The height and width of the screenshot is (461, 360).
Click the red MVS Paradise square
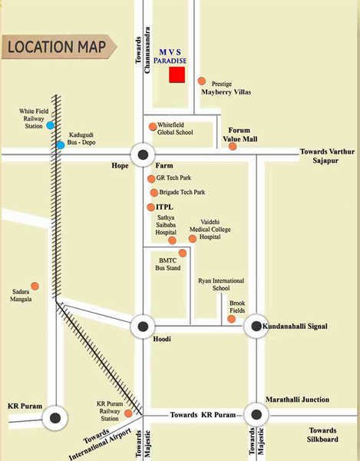tap(177, 75)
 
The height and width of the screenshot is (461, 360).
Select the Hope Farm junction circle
tap(142, 154)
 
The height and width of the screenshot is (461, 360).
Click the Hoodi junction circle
tap(142, 327)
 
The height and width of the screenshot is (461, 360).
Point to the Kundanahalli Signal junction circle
tap(256, 327)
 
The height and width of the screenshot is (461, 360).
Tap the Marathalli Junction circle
tap(256, 414)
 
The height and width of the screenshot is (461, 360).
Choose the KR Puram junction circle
tap(54, 419)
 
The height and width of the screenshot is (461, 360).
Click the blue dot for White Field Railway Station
tap(50, 125)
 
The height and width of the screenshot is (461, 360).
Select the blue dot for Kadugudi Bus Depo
tap(60, 144)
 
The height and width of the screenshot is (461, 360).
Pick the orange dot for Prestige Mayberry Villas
tap(201, 81)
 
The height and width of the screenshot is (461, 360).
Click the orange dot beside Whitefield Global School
tap(153, 127)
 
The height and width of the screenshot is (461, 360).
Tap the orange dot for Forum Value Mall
tap(233, 146)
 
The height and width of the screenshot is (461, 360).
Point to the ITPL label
tap(165, 207)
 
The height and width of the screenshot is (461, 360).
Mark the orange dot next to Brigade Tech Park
tap(154, 192)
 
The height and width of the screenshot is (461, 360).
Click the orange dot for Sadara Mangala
tap(35, 286)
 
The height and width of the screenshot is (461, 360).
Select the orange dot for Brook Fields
tap(232, 318)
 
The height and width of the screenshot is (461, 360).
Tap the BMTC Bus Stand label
tap(163, 265)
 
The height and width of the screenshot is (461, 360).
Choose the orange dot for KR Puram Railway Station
tap(128, 413)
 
